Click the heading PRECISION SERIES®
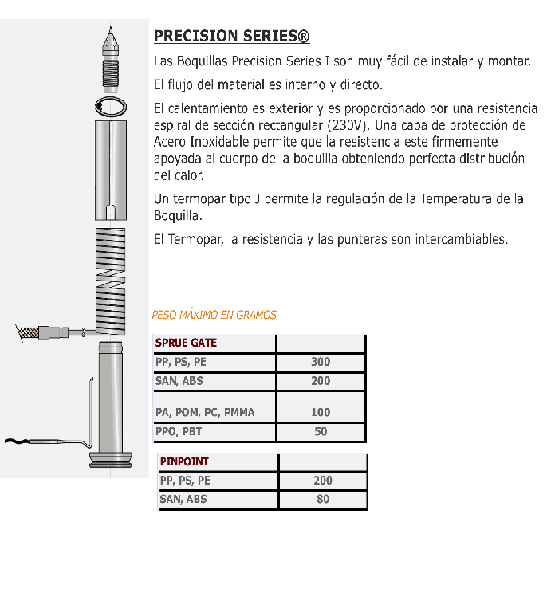click(231, 37)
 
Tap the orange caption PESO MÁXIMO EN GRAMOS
click(214, 315)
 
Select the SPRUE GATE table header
click(186, 343)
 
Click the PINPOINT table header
click(184, 461)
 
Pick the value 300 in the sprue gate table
click(321, 362)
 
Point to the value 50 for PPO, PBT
click(321, 432)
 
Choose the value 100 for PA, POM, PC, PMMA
click(321, 412)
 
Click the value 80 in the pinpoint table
click(323, 500)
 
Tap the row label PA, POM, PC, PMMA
click(205, 412)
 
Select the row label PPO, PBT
click(179, 432)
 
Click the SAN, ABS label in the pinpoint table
click(183, 500)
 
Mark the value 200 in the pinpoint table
click(323, 481)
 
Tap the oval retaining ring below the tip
click(110, 107)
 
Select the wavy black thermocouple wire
click(24, 441)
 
